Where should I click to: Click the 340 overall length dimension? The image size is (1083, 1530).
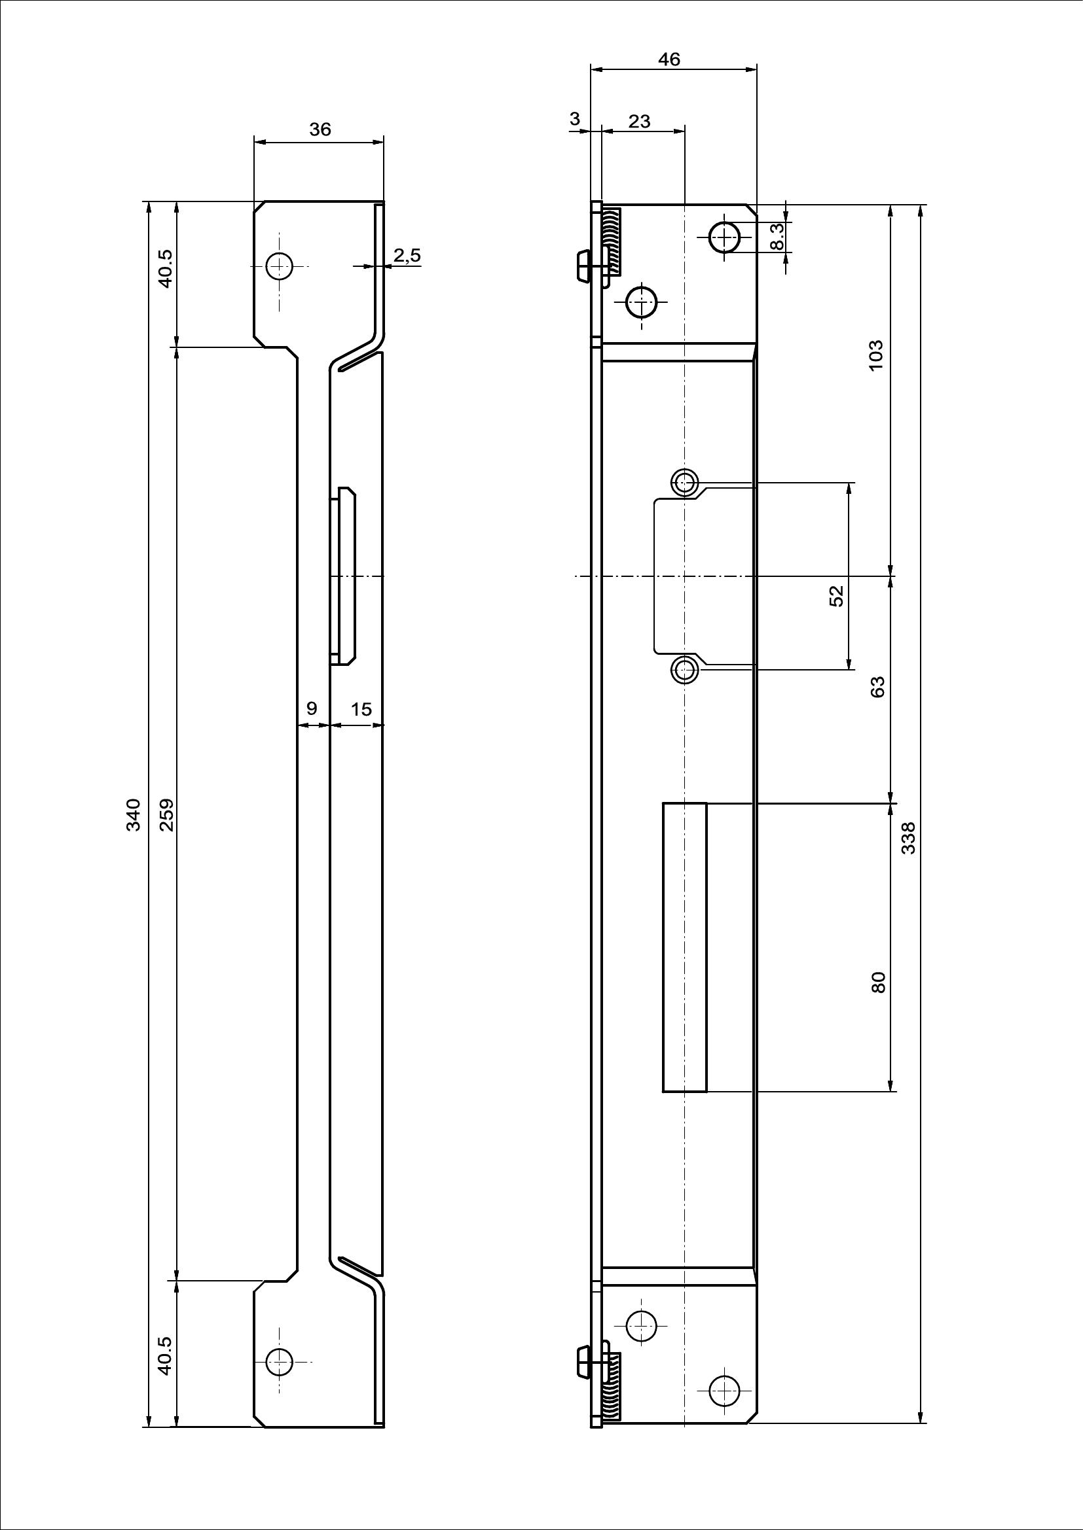pyautogui.click(x=134, y=814)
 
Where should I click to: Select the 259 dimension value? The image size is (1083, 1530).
pyautogui.click(x=167, y=814)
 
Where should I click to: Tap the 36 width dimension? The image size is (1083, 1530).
pyautogui.click(x=320, y=130)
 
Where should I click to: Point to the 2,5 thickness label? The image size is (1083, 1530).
pyautogui.click(x=407, y=255)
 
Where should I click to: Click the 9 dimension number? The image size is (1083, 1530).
pyautogui.click(x=312, y=708)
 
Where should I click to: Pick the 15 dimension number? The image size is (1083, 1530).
pyautogui.click(x=361, y=708)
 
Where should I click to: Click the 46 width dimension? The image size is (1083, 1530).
pyautogui.click(x=669, y=60)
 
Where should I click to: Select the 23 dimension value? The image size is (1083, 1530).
pyautogui.click(x=640, y=121)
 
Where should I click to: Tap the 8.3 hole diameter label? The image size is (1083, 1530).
pyautogui.click(x=777, y=237)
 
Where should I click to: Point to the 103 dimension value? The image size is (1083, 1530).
pyautogui.click(x=876, y=355)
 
